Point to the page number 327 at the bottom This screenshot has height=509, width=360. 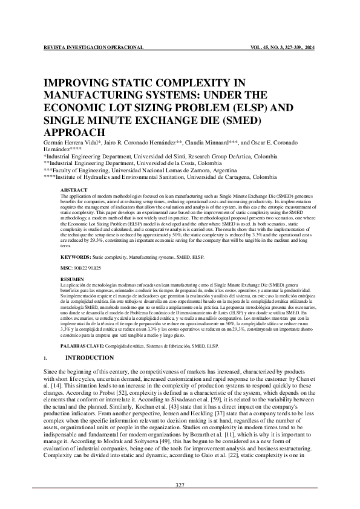[x=180, y=485]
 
